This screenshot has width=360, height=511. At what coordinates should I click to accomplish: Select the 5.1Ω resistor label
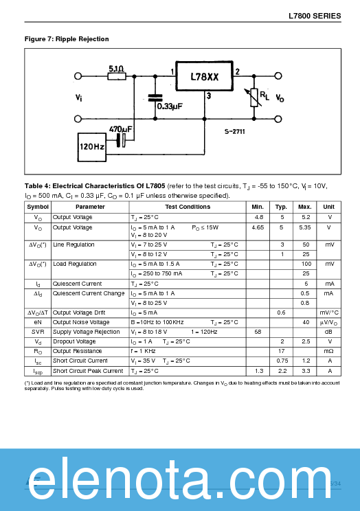(x=116, y=69)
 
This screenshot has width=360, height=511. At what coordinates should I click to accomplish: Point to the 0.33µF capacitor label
(x=170, y=106)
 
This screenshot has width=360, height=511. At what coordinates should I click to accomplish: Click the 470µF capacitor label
(x=120, y=128)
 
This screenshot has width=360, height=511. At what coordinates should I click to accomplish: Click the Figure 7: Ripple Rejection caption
(x=67, y=39)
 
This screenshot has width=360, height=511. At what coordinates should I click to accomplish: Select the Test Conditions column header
(x=188, y=207)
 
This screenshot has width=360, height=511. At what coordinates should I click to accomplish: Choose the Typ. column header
(x=282, y=207)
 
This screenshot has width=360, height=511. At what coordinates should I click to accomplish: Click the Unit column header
(x=329, y=207)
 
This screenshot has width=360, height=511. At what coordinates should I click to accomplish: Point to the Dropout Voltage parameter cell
(x=74, y=341)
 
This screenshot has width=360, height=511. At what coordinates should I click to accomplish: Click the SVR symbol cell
(x=38, y=332)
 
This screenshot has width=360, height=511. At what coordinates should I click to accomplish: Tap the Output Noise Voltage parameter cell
(x=81, y=322)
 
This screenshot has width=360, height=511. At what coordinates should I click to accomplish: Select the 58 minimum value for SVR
(x=258, y=332)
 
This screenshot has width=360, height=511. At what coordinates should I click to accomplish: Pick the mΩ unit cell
(x=329, y=351)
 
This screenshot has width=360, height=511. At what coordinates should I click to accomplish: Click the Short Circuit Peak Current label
(x=88, y=371)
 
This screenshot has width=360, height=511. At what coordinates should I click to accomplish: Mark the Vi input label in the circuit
(x=79, y=98)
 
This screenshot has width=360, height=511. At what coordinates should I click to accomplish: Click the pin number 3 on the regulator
(x=208, y=97)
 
